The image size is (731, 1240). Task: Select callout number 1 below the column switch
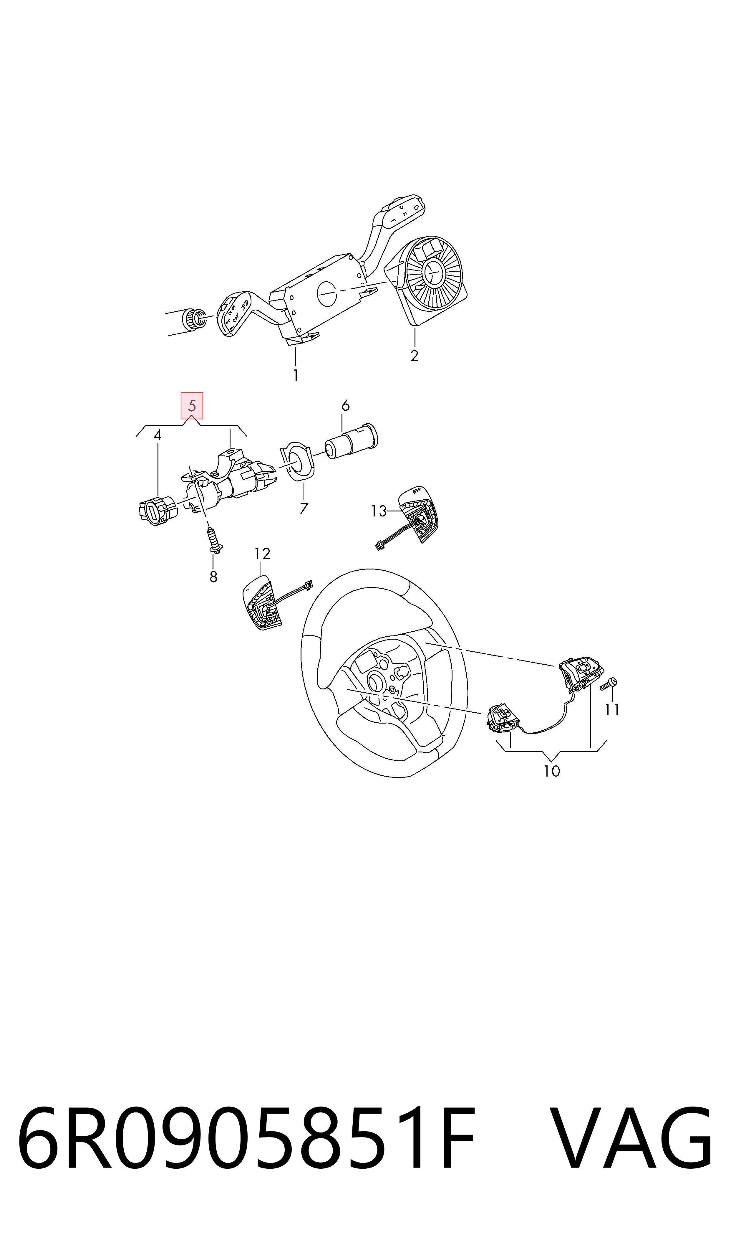click(x=296, y=375)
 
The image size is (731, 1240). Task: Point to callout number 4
click(x=157, y=435)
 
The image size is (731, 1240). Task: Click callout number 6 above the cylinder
click(x=345, y=406)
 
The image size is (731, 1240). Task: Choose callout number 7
click(x=304, y=508)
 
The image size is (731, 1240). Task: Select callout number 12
click(x=263, y=554)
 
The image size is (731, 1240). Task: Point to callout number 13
click(x=379, y=511)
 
